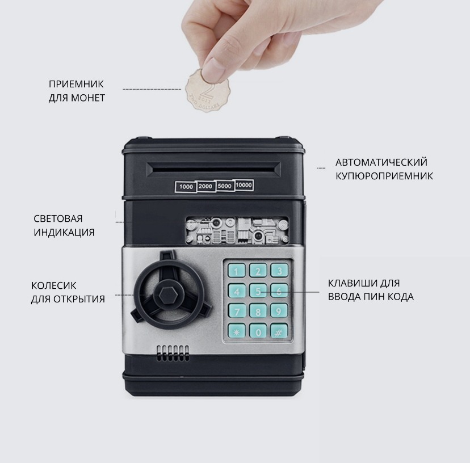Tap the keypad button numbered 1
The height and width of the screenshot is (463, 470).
pos(237,271)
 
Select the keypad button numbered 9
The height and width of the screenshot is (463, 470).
pos(279,311)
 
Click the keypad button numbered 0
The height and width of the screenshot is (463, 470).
pos(258,331)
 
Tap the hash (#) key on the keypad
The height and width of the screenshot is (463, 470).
pos(279,331)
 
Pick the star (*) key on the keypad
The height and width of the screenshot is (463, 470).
pos(237,331)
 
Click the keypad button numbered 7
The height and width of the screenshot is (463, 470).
pos(237,311)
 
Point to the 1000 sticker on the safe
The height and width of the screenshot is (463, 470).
pos(186,187)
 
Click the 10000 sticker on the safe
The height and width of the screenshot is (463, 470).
pos(244,185)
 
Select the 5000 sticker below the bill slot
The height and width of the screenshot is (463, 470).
pos(225,186)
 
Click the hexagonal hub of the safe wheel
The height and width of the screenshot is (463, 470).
pos(168,295)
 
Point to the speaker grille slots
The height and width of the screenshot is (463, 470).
pos(173,353)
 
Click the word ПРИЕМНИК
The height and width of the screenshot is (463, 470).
pos(76,84)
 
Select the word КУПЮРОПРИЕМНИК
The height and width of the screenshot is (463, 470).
pos(384,176)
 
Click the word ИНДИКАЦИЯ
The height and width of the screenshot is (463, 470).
pos(64,232)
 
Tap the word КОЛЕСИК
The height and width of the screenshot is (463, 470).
pos(54,285)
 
